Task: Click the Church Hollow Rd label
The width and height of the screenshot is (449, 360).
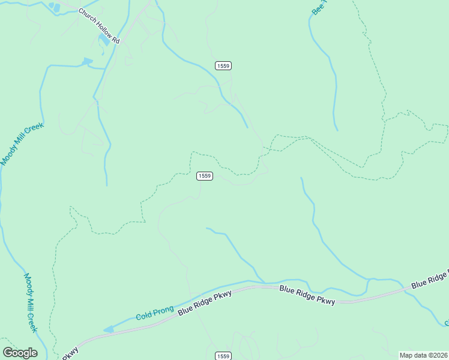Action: coord(100,26)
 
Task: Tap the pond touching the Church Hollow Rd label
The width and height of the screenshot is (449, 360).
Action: coord(104,41)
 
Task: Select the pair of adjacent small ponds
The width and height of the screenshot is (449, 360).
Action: coord(55,8)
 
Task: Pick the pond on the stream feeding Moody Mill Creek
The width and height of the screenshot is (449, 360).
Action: coord(87,61)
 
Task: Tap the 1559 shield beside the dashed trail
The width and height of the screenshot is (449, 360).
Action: coord(204,176)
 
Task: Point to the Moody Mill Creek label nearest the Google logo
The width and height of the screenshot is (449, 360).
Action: coord(31,302)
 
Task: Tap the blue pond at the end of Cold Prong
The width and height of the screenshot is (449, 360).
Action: coord(108,329)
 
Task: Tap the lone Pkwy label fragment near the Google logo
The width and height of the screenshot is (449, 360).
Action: coord(70,352)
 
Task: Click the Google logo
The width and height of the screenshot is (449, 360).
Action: coord(20,353)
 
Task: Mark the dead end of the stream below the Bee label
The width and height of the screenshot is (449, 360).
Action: coord(337,130)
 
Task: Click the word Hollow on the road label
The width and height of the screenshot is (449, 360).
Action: coord(100,26)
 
